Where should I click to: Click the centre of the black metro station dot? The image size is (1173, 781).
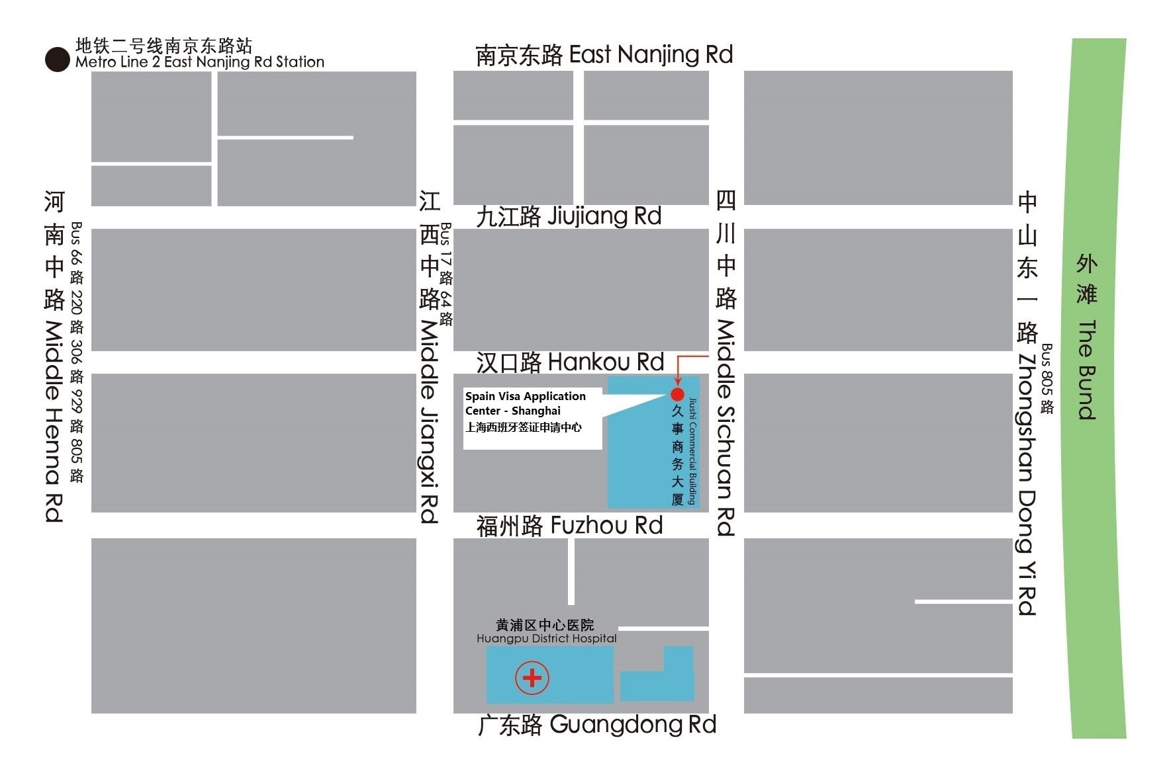pos(58,60)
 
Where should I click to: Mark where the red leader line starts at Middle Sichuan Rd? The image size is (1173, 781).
pos(709,356)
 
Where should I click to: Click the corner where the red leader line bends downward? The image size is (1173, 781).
pos(677,356)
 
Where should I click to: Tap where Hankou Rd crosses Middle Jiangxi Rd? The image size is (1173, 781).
pos(434,362)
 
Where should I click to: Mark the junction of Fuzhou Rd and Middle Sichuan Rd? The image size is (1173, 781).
pos(726,525)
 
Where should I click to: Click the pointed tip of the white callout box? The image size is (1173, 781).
pos(666,395)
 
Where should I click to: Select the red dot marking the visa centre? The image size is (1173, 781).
pos(677,395)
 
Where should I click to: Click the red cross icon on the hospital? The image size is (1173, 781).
pos(532,678)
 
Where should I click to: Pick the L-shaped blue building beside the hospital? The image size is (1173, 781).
pos(657,674)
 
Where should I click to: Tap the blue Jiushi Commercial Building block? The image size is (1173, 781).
pos(653,442)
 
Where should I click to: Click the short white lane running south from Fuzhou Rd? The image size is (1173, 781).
pos(571,571)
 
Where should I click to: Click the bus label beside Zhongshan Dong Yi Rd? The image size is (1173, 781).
pos(1047,378)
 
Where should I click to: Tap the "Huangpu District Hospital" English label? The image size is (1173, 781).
pos(547,639)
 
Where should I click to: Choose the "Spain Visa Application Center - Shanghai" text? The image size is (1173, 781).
pos(526,403)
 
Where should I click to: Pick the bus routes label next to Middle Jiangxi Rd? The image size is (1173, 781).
pos(446,274)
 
